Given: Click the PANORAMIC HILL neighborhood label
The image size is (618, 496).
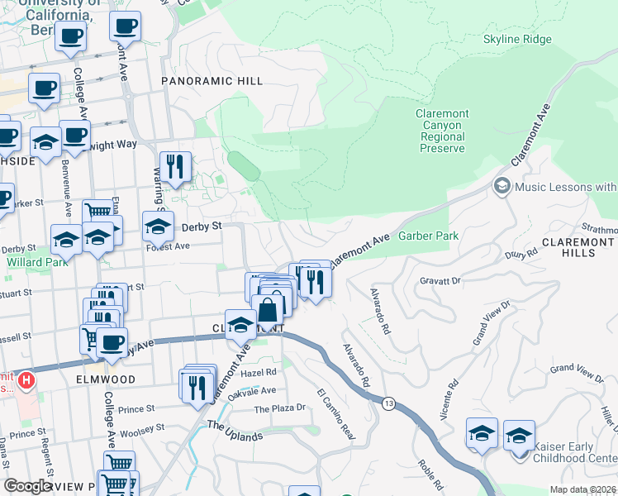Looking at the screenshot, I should (212, 81).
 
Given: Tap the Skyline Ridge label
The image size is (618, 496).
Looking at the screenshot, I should (516, 40).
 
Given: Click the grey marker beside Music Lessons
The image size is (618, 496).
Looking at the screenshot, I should (502, 187).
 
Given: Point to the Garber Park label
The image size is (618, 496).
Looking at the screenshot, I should (428, 236).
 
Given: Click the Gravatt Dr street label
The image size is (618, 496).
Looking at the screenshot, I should (440, 281).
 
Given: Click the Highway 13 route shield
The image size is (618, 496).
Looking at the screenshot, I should (387, 402).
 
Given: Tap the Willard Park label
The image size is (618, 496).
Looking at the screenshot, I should (31, 262).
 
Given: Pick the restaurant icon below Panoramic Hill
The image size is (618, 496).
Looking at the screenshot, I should (175, 166).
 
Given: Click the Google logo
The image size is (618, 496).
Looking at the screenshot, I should (27, 486).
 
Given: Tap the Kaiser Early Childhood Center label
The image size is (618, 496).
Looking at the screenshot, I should (574, 452).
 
